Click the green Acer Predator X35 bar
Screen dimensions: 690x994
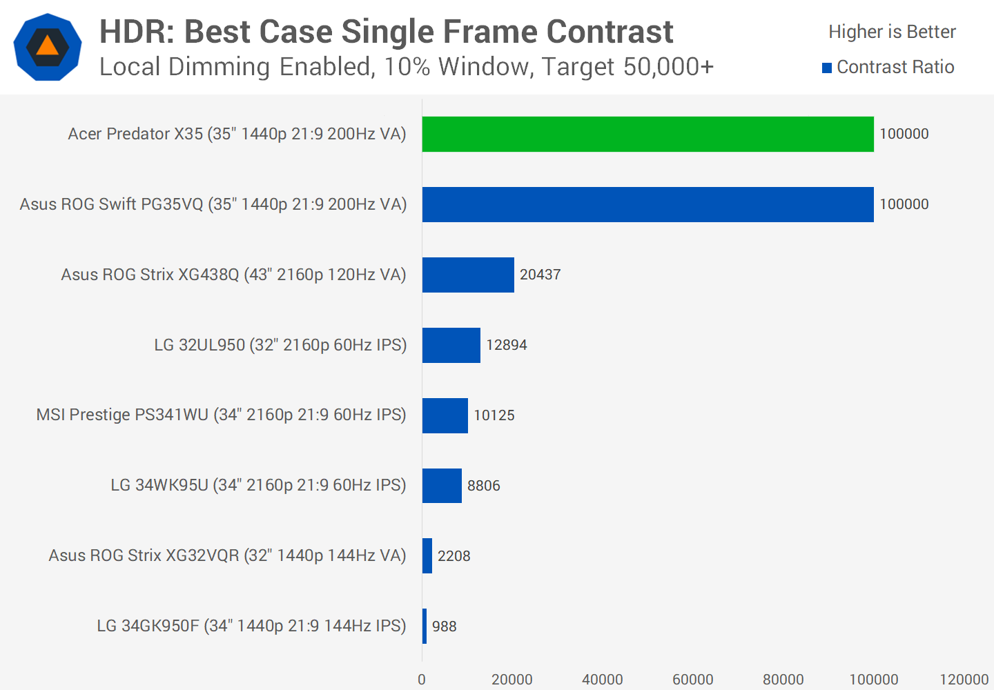(647, 134)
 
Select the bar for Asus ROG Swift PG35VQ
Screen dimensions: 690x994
(647, 204)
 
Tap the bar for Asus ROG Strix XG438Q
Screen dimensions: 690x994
(468, 275)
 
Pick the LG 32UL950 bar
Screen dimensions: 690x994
(451, 345)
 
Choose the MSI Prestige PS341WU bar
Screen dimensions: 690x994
(445, 415)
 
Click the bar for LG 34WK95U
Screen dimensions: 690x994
(442, 486)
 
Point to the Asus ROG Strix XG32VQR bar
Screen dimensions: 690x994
(427, 556)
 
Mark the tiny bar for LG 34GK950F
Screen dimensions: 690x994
(425, 627)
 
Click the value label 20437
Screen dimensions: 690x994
(540, 275)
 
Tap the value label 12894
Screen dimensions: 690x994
(506, 345)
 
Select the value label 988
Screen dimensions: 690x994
(444, 627)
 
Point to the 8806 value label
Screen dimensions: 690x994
(483, 486)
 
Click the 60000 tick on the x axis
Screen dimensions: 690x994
(692, 680)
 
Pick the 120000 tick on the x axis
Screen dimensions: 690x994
(964, 680)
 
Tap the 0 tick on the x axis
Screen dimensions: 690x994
(422, 680)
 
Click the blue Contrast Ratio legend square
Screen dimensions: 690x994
(827, 68)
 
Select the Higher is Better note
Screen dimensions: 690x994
(892, 32)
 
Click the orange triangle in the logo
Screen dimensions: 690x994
(48, 46)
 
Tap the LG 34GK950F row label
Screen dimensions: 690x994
(251, 626)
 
